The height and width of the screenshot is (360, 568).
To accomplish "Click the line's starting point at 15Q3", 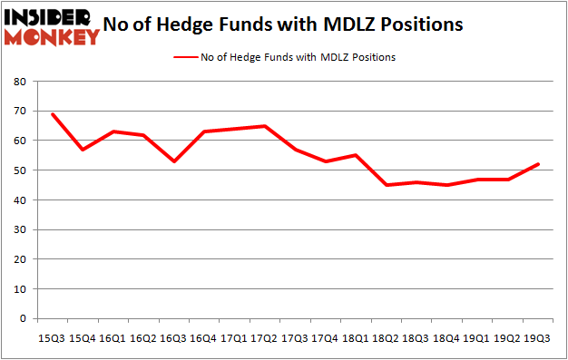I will [53, 114].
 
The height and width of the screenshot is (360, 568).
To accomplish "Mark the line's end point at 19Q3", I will [540, 164].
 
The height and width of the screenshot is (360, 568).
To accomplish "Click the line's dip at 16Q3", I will [174, 161].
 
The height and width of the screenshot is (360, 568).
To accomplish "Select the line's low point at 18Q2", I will [387, 185].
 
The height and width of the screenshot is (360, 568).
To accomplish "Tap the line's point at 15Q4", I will [83, 150].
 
